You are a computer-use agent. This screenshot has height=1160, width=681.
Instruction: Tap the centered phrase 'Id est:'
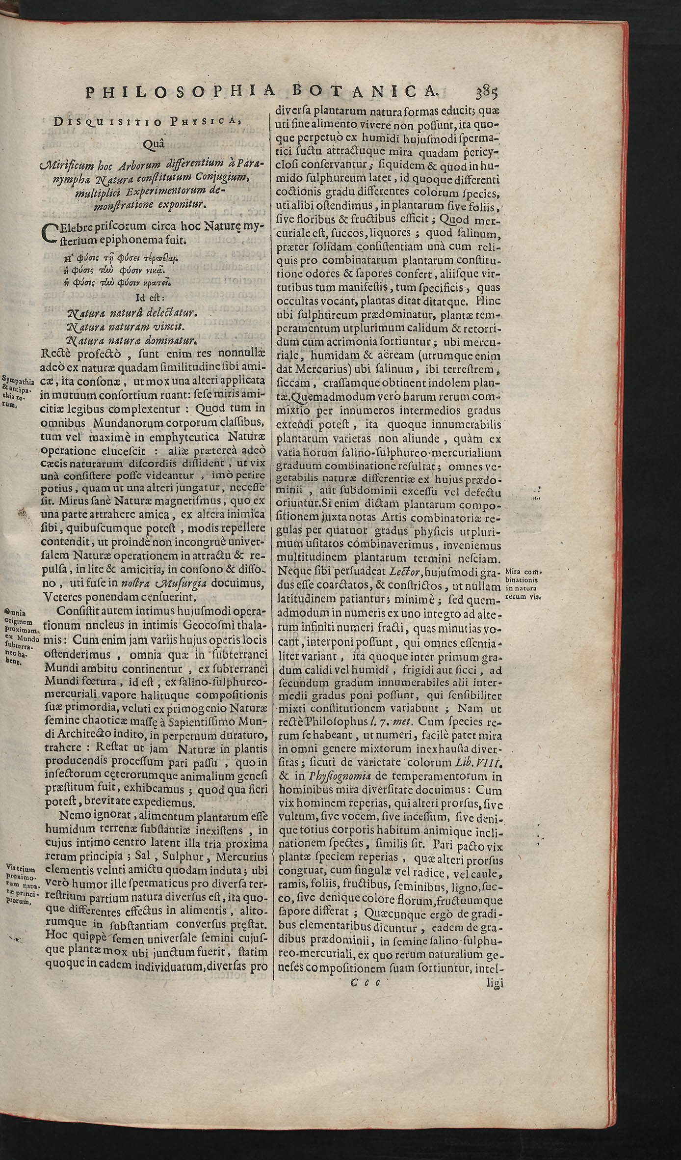(150, 297)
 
